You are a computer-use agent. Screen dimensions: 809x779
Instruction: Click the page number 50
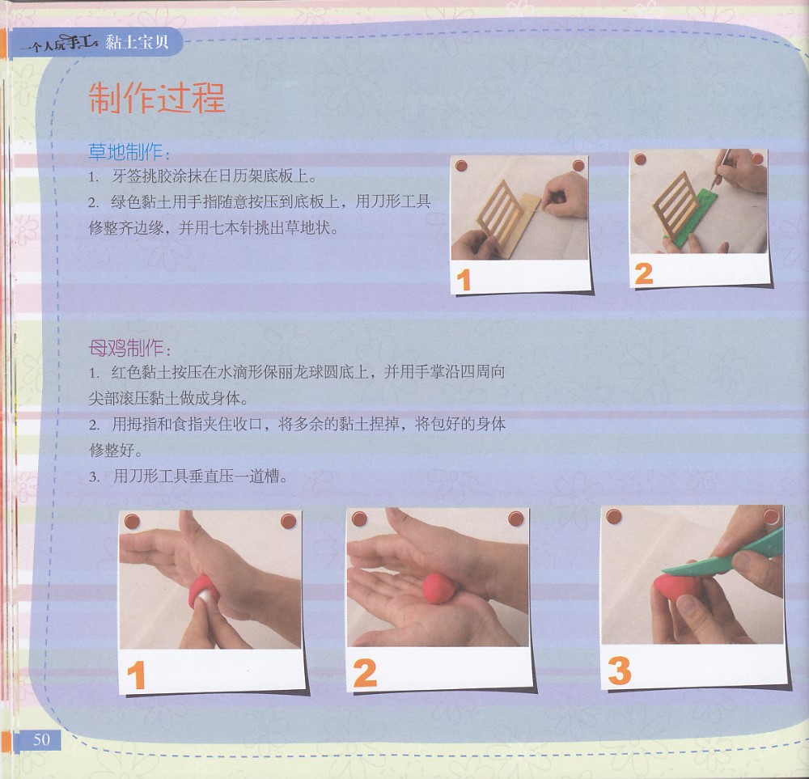42,739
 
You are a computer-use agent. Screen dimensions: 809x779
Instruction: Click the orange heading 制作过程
157,98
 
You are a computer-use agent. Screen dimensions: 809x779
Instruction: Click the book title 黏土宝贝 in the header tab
138,42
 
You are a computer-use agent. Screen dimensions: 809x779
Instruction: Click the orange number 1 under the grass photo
464,280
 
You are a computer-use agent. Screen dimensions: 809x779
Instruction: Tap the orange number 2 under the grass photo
644,273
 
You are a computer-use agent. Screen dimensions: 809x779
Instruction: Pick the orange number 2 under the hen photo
365,673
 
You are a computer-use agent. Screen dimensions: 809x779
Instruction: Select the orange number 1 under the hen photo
136,675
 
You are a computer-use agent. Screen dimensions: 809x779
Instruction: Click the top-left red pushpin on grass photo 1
461,166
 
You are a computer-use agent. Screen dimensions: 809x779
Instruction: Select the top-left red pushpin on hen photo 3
614,516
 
